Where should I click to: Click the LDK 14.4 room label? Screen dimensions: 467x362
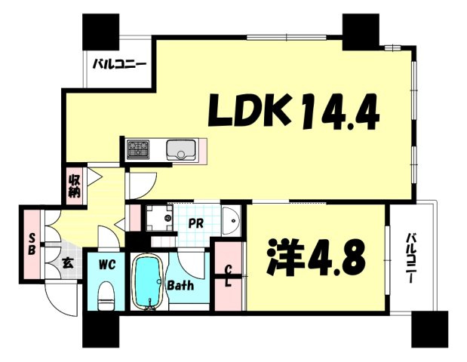[293, 111]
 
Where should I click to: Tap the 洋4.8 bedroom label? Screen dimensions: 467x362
[315, 257]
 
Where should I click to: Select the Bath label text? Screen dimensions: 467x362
[180, 286]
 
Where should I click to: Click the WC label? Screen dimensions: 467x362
[108, 264]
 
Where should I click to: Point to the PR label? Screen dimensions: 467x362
[195, 223]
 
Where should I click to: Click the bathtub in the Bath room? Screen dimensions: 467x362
[149, 282]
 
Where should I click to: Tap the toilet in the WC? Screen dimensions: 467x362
[106, 296]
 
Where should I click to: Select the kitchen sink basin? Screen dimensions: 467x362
[181, 149]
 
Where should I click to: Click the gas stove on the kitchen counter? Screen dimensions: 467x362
[138, 149]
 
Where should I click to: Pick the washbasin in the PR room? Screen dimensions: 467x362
[232, 221]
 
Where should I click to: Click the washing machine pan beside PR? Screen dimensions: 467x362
[159, 218]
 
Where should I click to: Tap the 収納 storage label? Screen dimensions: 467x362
[74, 187]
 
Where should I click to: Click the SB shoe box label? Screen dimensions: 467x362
[32, 244]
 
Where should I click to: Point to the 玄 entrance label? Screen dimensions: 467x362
[67, 263]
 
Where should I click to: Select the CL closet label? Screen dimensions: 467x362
[229, 277]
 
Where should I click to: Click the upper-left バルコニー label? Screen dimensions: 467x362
[119, 64]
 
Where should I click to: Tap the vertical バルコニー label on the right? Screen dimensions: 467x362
[412, 258]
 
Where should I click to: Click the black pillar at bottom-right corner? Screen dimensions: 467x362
[430, 330]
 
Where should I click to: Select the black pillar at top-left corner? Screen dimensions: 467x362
[100, 32]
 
